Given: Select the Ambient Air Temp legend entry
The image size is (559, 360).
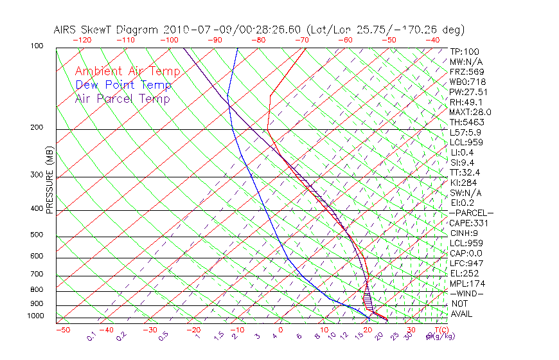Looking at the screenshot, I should coord(127,71).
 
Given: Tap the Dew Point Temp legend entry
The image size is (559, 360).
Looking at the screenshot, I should coord(123,85).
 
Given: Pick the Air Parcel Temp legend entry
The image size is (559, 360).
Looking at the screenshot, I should coord(122,98).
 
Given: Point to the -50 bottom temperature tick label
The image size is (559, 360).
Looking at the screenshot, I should coord(63,330).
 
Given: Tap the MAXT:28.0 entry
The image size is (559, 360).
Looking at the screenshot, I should coord(469,112).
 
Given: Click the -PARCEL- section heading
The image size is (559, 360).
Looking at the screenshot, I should coord(471,213).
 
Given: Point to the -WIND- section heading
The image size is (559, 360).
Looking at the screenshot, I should coord(466,293).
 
